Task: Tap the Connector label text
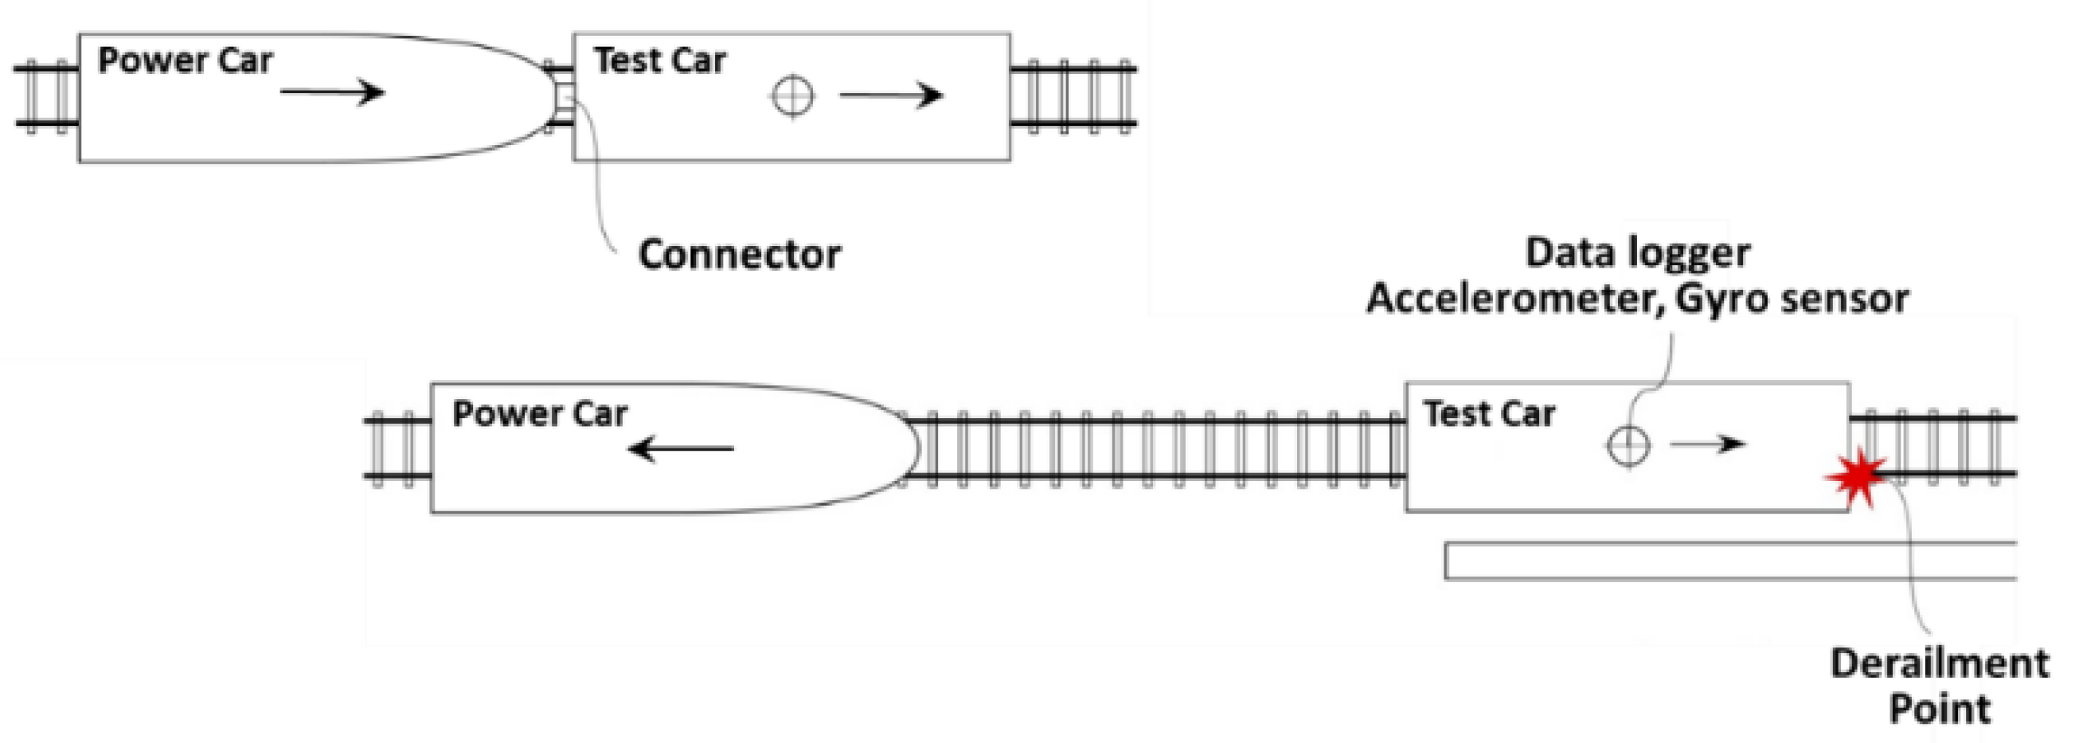(x=738, y=255)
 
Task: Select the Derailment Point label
(x=1939, y=685)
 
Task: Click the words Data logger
(x=1637, y=252)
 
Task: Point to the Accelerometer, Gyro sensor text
(x=1637, y=299)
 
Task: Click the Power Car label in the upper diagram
(x=185, y=61)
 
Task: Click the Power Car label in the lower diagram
(x=539, y=413)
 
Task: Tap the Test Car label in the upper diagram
(x=659, y=61)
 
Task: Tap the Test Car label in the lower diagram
(x=1488, y=413)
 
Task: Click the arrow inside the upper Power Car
(x=332, y=92)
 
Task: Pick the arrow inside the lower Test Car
(x=1707, y=444)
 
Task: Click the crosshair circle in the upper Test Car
(x=792, y=96)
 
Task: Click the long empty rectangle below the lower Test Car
(x=1727, y=561)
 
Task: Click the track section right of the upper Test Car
(x=1073, y=96)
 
